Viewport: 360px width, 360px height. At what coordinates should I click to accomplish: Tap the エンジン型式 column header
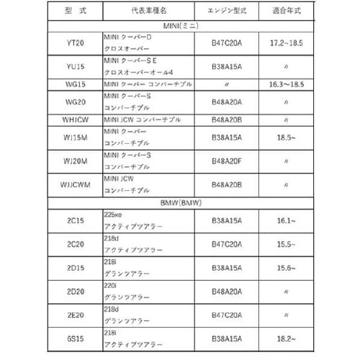(235, 13)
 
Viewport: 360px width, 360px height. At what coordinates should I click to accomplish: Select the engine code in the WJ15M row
(235, 136)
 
